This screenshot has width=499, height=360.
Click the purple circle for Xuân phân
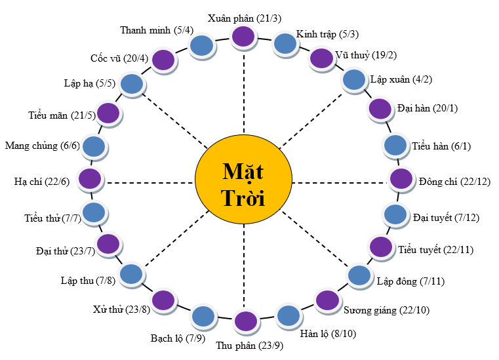pyautogui.click(x=243, y=37)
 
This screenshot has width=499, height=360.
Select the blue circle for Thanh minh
pyautogui.click(x=202, y=46)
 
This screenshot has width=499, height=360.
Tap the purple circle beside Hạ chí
pyautogui.click(x=90, y=178)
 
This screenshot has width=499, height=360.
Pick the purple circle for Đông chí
pyautogui.click(x=401, y=178)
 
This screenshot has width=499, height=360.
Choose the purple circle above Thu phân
pyautogui.click(x=245, y=321)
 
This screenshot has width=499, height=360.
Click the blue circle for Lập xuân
pyautogui.click(x=354, y=79)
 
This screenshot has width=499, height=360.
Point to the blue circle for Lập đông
pyautogui.click(x=359, y=275)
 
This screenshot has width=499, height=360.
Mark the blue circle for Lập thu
pyautogui.click(x=131, y=274)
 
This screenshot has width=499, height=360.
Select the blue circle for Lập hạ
pyautogui.click(x=132, y=83)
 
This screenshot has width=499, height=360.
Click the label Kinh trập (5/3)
pyautogui.click(x=327, y=34)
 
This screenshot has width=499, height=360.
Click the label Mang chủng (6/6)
pyautogui.click(x=42, y=146)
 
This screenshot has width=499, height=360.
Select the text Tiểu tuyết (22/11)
pyautogui.click(x=435, y=250)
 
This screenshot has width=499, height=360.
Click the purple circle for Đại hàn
pyautogui.click(x=380, y=108)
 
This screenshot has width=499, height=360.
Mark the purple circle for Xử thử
pyautogui.click(x=163, y=300)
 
